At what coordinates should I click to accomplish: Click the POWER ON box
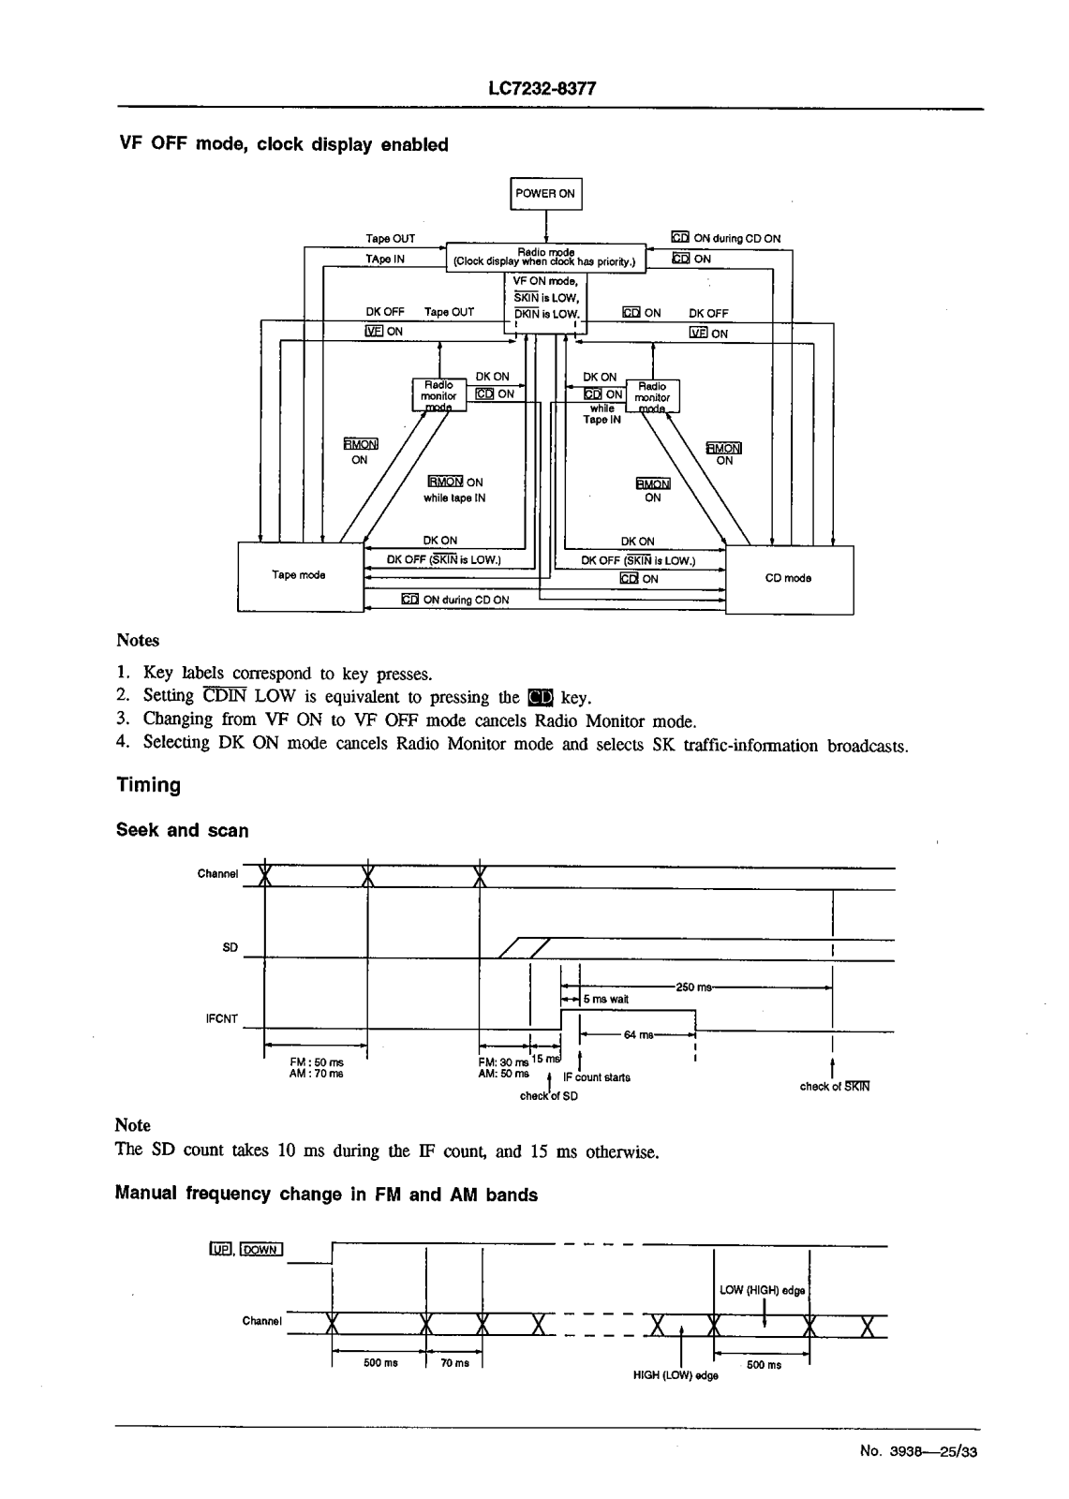coord(546,194)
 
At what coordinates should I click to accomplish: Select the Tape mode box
coord(298,575)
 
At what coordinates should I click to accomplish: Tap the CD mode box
coord(789,578)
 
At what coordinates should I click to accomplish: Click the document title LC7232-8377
coord(542,89)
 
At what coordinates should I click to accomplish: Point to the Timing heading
coord(148,785)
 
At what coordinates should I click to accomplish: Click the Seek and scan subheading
coord(182,830)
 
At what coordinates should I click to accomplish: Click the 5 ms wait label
coord(605,1000)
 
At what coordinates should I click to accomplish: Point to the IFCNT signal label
coord(221,1018)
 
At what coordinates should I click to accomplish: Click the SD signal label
coord(230,948)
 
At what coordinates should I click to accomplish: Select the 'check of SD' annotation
coord(549,1095)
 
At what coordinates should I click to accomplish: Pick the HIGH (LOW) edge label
coord(676,1375)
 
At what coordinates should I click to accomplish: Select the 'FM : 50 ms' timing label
coord(317,1062)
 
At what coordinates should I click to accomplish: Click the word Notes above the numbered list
coord(138,641)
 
